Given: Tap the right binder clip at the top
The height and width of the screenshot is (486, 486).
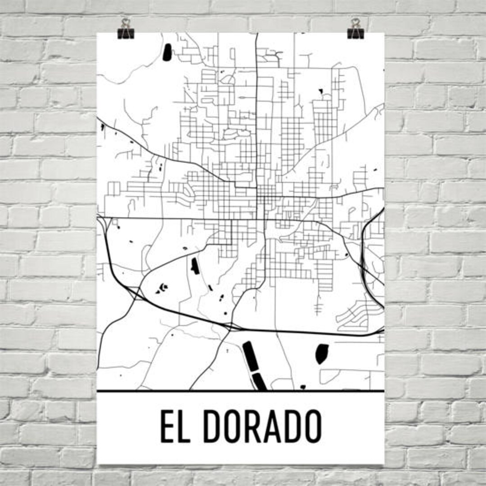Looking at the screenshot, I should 355,29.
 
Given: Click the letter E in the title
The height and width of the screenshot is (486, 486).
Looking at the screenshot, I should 169,426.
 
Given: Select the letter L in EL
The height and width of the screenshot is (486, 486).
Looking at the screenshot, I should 188,426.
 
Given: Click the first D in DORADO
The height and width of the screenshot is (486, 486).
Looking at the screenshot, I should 213,426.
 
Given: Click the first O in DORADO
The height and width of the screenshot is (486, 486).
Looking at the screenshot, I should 234,426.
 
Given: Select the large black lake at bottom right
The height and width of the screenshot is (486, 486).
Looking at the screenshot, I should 322,354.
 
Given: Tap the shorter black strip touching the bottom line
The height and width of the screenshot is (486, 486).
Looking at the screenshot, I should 260,382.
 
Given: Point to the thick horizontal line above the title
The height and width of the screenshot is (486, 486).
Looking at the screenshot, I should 241,391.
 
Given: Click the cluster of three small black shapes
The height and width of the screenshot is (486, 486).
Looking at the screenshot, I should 162,288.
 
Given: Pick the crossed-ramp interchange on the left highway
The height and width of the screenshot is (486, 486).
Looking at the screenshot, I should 133,293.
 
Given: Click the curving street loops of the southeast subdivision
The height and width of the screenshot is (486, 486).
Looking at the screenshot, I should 355,315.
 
